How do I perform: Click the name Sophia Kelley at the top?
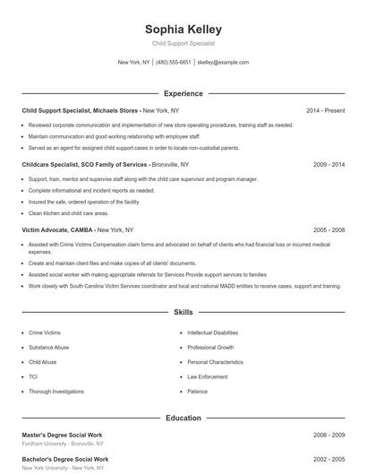pos(183,29)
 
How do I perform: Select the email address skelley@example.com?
pos(223,63)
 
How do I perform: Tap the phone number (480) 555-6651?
pos(174,63)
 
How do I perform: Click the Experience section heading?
pos(183,93)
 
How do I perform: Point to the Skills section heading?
pos(183,313)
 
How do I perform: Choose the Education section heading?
pos(183,418)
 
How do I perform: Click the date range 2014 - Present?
pos(325,110)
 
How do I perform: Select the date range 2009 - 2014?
pos(329,165)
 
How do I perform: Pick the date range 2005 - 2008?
pos(329,229)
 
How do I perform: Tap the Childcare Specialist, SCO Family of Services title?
pos(84,165)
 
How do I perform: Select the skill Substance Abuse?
pos(48,347)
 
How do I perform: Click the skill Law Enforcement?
pos(208,376)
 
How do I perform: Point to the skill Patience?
pos(197,391)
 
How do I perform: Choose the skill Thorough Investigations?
pos(56,391)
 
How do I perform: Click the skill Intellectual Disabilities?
pos(213,332)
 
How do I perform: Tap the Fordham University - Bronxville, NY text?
pos(63,444)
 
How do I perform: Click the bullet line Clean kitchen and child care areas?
pos(68,213)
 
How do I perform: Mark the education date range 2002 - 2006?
pos(329,460)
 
